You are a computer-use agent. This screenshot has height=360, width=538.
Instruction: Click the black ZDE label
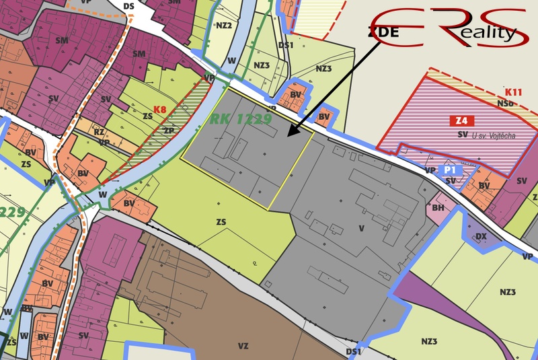click(x=384, y=31)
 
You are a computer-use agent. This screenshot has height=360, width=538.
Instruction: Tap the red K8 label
click(x=159, y=109)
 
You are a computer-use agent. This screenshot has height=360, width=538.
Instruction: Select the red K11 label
click(x=513, y=92)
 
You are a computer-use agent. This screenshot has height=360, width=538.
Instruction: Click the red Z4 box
click(x=462, y=121)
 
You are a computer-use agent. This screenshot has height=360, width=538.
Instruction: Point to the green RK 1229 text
click(x=240, y=119)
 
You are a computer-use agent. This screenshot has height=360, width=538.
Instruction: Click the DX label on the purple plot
click(x=481, y=236)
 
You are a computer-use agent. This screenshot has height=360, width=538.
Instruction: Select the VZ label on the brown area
click(x=243, y=346)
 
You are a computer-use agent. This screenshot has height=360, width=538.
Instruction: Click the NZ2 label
click(x=224, y=26)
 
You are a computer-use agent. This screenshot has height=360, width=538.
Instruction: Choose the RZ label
click(x=99, y=133)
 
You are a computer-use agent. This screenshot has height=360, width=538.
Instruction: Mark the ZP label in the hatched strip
click(x=169, y=130)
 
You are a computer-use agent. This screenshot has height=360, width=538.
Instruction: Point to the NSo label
click(x=505, y=103)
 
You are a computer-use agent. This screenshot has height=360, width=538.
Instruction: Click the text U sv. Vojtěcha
click(x=494, y=135)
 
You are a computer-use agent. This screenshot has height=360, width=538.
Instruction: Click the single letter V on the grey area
click(x=361, y=228)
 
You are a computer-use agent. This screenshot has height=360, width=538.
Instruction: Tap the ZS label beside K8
click(x=147, y=116)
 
